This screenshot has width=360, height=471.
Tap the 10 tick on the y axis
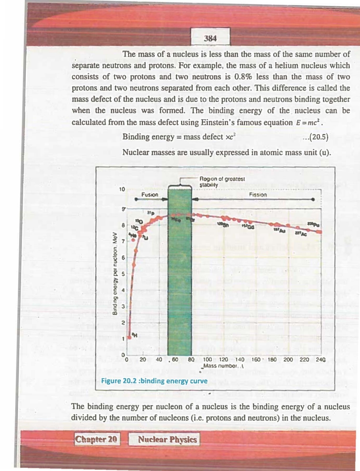click(122, 190)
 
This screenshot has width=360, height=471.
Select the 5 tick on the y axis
click(123, 274)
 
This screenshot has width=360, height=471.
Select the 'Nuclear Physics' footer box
click(167, 439)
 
